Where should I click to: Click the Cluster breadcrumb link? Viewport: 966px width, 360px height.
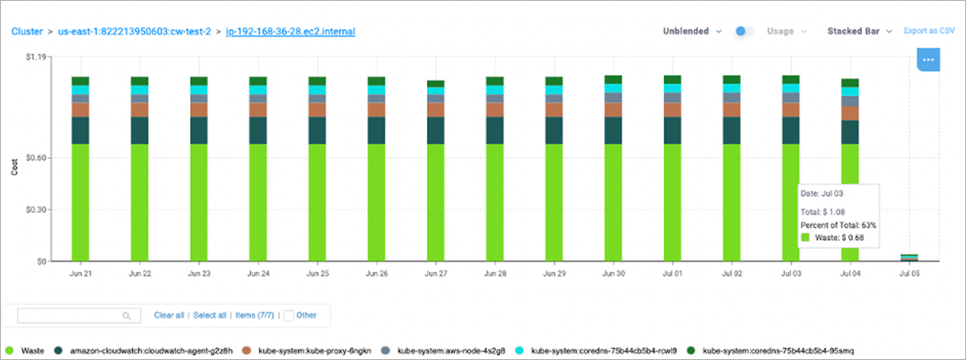coord(26,32)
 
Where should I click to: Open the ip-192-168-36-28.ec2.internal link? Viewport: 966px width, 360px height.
coord(290,32)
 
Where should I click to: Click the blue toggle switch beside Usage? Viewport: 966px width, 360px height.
coord(744,31)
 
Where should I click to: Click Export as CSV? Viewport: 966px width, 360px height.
coord(929,31)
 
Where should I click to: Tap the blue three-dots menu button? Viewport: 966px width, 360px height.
coord(929,60)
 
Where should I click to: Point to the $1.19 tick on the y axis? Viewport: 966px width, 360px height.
coord(39,57)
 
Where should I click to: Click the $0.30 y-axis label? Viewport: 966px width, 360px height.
coord(39,210)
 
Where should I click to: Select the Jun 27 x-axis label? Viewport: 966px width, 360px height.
coord(436,273)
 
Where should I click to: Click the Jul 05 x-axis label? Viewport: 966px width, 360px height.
coord(909,273)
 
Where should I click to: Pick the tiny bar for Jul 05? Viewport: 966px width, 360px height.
coord(909,257)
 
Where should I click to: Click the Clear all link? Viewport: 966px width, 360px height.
coord(169,315)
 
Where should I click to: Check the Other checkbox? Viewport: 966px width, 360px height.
coord(289,315)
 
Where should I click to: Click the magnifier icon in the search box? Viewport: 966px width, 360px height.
coord(126,316)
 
